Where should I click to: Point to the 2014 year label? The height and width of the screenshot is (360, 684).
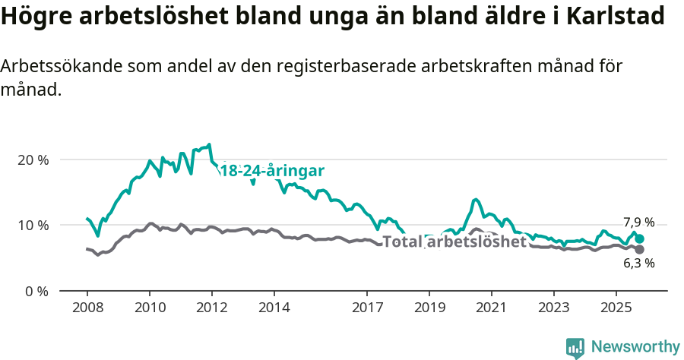tap(274, 309)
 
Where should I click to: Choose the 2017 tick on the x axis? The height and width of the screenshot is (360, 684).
tap(367, 309)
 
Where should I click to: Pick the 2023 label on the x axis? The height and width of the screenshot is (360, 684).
tap(553, 309)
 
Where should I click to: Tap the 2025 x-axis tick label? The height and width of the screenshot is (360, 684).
tap(616, 309)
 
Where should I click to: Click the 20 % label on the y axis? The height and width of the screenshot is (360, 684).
tap(33, 160)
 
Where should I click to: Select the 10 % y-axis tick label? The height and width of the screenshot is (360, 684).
tap(33, 226)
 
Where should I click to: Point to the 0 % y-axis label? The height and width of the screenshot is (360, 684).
tap(36, 291)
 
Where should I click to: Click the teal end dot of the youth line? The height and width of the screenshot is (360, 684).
tap(640, 238)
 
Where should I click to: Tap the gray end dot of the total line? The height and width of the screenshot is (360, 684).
tap(640, 249)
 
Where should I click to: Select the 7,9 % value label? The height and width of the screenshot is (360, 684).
tap(638, 223)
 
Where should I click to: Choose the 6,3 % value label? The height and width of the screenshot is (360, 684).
tap(638, 264)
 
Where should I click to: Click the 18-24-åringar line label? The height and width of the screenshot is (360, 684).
tap(272, 171)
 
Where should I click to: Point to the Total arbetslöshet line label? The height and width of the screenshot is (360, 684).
tap(454, 242)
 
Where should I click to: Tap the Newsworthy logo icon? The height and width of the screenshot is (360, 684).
tap(575, 348)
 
